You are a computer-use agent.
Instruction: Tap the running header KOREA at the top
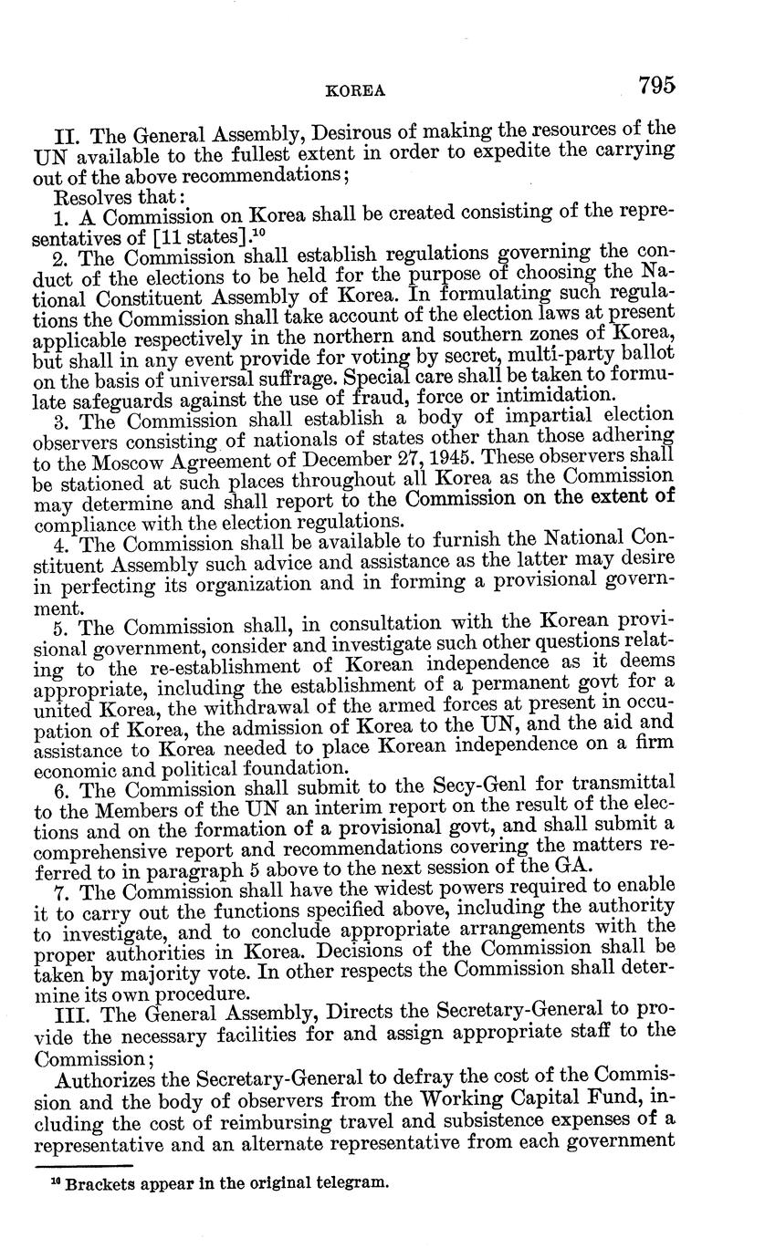click(356, 91)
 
